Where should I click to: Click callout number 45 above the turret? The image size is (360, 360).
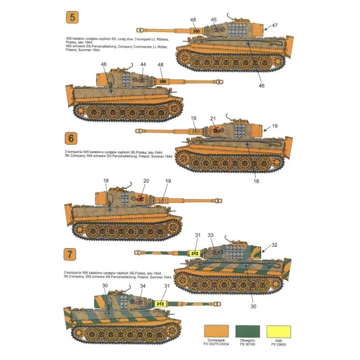213,20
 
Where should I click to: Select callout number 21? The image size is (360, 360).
212,118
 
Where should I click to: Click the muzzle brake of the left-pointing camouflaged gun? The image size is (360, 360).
137,251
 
